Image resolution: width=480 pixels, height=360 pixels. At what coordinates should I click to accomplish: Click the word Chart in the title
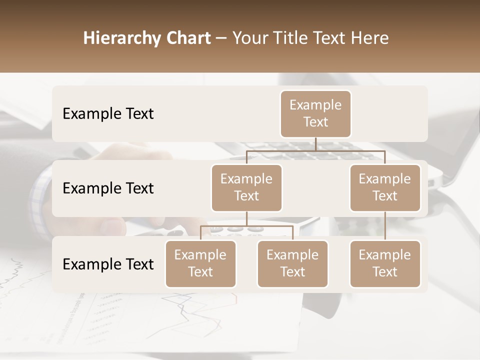coord(188,38)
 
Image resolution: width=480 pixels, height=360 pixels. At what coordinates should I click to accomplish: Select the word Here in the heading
coord(369,38)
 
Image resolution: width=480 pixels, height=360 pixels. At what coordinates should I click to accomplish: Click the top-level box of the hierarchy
coord(315,113)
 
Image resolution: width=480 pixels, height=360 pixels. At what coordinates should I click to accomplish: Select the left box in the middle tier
coord(246,187)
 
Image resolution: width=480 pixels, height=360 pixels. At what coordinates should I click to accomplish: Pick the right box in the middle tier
coord(384,187)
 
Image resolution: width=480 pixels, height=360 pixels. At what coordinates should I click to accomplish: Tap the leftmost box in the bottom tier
coord(200,263)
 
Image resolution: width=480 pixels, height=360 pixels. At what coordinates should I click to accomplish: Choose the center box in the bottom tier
coord(292,263)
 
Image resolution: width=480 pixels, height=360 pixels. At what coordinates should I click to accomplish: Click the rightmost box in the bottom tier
coord(384,263)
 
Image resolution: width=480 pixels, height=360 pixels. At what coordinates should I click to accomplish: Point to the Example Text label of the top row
coord(108,114)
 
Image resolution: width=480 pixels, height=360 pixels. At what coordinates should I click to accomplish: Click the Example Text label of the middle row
coord(108,188)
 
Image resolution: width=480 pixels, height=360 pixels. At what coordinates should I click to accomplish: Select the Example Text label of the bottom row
coord(108,264)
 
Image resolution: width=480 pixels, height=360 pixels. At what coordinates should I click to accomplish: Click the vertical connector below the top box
coord(315,144)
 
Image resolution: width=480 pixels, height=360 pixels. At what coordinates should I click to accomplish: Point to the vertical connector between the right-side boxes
coord(385,226)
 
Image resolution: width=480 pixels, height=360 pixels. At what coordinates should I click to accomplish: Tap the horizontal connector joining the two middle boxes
coord(315,150)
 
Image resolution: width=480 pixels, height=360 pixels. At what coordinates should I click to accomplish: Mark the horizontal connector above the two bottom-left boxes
coord(246,226)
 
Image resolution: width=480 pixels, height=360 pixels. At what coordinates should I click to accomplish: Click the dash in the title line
coord(221,38)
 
